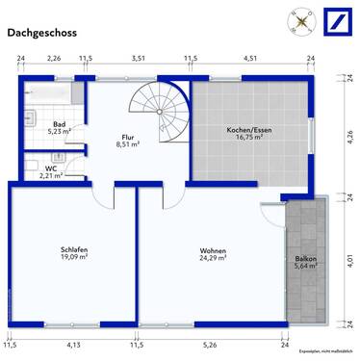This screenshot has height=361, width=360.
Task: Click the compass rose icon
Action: point(300,20)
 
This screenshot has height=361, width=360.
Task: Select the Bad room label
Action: point(60,125)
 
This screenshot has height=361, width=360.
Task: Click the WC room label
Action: point(50,168)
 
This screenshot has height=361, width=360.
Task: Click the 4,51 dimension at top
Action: point(250,60)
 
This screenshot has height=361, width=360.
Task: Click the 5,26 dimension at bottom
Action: point(211,344)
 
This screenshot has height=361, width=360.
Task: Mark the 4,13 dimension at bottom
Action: point(72,344)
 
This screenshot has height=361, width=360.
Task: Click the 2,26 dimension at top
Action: point(54,60)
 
